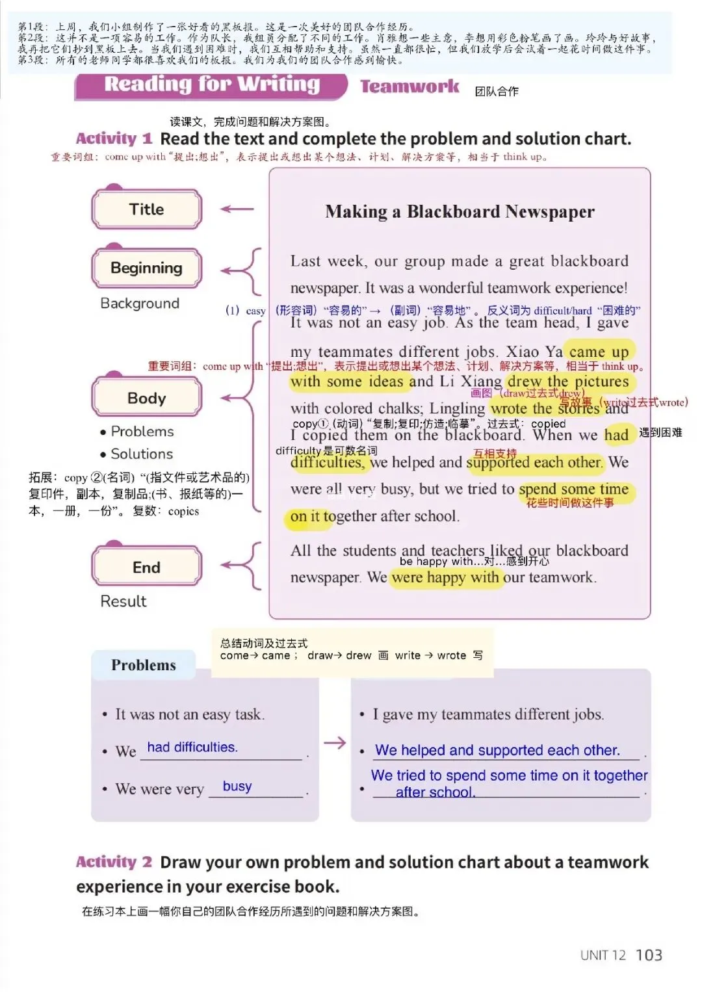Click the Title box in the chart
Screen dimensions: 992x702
point(147,209)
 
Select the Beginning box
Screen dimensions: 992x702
point(147,268)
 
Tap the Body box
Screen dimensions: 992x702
point(147,398)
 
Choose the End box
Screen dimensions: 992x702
point(147,568)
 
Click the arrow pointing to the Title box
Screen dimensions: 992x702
point(237,209)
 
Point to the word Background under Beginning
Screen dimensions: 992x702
point(140,304)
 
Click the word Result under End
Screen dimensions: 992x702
point(123,601)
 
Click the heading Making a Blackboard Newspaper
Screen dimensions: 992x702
point(460,212)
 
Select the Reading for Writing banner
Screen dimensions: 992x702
point(212,85)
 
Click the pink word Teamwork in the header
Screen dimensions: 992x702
point(409,86)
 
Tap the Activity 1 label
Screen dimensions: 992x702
point(114,138)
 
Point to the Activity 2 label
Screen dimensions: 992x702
point(114,862)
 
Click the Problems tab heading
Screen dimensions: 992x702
point(144,665)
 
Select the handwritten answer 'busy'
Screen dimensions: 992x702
point(237,787)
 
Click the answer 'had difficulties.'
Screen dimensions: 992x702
point(192,748)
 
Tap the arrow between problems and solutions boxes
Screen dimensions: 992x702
point(335,742)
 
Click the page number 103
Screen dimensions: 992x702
point(649,955)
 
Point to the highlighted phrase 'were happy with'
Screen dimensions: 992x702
point(446,577)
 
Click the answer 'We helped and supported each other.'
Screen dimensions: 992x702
point(497,750)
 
